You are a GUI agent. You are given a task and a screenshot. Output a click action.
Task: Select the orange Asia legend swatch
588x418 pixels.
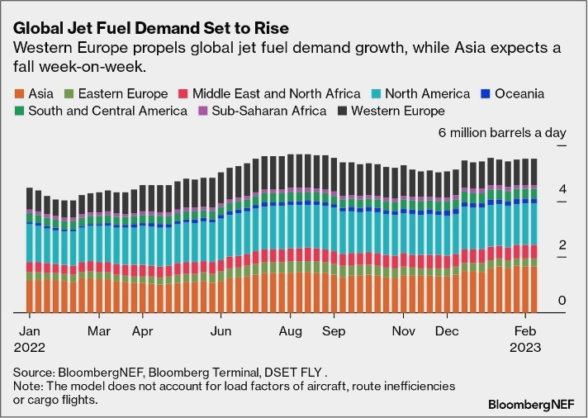[21, 94]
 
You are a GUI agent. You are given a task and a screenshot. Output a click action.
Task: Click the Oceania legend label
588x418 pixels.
[518, 94]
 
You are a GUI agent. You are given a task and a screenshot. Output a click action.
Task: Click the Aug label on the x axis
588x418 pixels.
[288, 330]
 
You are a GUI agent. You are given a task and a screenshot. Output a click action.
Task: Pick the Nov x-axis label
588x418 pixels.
[404, 330]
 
